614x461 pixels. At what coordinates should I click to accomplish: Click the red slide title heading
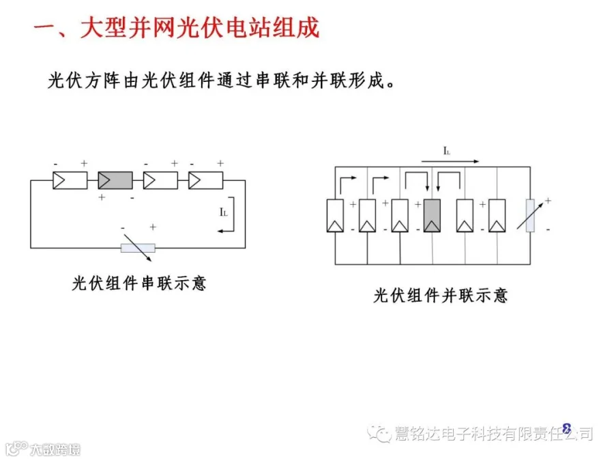coord(176,29)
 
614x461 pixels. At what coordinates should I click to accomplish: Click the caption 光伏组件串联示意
coord(139,283)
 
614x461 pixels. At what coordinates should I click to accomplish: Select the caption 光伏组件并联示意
coord(441,296)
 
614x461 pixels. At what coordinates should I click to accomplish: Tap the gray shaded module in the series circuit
coord(115,180)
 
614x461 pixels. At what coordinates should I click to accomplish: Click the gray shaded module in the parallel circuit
coord(431,216)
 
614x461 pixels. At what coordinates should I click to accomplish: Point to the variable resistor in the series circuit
coord(138,248)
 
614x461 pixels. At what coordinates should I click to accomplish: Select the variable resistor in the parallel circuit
coord(531,216)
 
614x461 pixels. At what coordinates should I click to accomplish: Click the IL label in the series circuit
coord(224,212)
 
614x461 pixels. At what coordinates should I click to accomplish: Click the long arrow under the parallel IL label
coord(450,162)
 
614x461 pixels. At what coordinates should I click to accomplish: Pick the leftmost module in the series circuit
coord(70,180)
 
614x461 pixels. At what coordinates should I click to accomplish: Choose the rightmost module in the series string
coord(206,180)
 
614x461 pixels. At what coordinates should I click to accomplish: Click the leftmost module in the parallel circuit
coord(335,216)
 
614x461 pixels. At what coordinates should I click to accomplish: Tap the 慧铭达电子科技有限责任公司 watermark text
coord(493,434)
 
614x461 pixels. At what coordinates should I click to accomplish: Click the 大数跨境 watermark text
coord(54,449)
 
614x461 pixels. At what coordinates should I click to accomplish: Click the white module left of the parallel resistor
coord(497,216)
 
